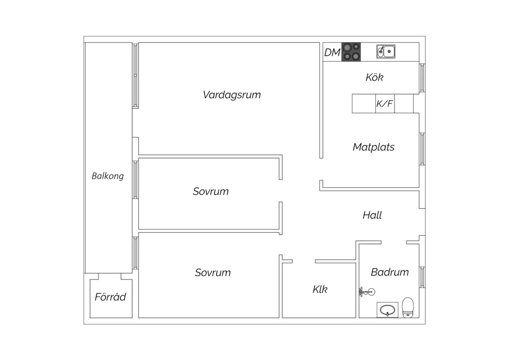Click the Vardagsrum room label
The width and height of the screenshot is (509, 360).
[231, 95]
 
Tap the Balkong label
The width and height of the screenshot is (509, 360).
[108, 176]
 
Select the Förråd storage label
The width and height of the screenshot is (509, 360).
[110, 297]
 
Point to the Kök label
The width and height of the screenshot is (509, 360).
[375, 77]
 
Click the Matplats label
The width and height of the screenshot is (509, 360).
[374, 147]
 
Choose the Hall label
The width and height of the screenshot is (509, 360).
[372, 215]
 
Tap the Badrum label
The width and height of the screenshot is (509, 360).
[390, 272]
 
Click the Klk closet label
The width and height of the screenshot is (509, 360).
[320, 289]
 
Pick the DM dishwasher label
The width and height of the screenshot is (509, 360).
[332, 53]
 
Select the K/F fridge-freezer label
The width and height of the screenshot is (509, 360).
[384, 104]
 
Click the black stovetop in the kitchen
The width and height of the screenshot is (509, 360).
[351, 52]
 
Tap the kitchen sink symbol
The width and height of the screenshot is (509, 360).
[386, 51]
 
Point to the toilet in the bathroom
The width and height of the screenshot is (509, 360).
[408, 307]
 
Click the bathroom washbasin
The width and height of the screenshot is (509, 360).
[388, 310]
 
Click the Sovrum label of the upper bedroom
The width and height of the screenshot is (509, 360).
[211, 192]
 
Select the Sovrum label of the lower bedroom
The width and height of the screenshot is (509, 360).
[213, 272]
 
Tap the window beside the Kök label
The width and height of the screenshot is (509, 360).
[422, 78]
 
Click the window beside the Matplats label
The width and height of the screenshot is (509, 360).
[422, 149]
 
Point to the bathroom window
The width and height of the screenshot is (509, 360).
[422, 277]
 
